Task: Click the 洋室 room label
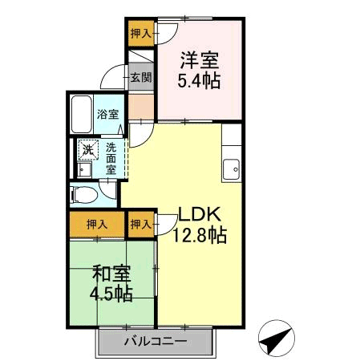[x=200, y=60]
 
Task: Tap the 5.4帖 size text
[x=199, y=80]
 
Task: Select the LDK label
[x=200, y=214]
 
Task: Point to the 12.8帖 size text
[x=200, y=235]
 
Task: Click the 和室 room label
[x=111, y=274]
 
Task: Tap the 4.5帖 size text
[x=111, y=294]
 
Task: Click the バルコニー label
[x=156, y=342]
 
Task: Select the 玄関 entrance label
[x=141, y=77]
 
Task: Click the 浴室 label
[x=107, y=115]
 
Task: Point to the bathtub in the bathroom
[x=82, y=115]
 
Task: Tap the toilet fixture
[x=83, y=195]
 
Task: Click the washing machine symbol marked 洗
[x=88, y=150]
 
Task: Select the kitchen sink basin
[x=232, y=169]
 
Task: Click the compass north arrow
[x=277, y=339]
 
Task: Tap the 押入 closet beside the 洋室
[x=141, y=34]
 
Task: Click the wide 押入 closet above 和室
[x=97, y=225]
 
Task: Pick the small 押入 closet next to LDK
[x=141, y=225]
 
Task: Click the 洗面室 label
[x=111, y=158]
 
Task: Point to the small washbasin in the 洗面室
[x=84, y=169]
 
